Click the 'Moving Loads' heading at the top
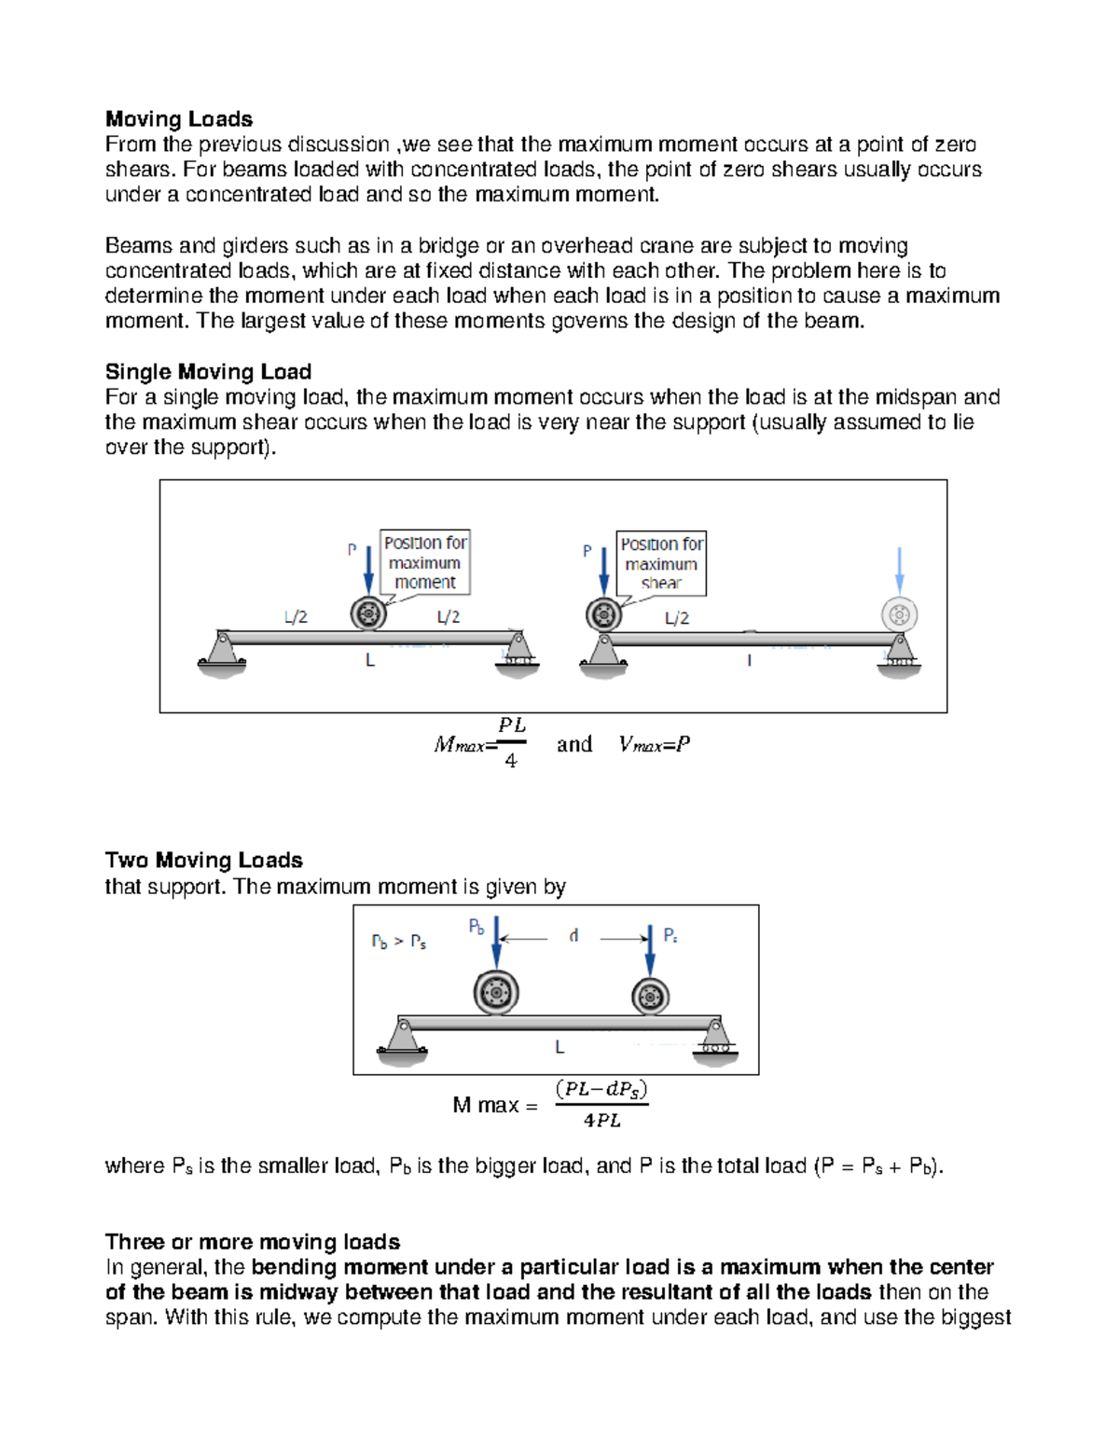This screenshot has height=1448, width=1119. click(x=179, y=119)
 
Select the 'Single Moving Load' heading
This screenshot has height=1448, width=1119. click(x=208, y=372)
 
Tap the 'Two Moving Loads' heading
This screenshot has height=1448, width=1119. click(x=203, y=860)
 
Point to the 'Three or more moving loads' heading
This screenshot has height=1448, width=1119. click(x=253, y=1242)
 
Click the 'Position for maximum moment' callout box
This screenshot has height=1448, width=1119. click(x=425, y=562)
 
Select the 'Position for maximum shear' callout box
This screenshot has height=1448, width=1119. click(x=661, y=563)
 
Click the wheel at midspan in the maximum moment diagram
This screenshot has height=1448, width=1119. click(x=368, y=614)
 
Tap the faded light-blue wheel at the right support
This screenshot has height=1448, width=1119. click(x=899, y=614)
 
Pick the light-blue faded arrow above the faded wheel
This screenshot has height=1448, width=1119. click(x=899, y=570)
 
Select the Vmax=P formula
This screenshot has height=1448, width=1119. click(x=655, y=744)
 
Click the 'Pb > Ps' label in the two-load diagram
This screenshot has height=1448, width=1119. click(x=399, y=942)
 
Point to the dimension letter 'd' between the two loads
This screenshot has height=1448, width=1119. click(x=573, y=935)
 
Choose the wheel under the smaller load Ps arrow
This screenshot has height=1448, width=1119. click(x=650, y=996)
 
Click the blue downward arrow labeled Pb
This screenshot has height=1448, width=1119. click(x=496, y=942)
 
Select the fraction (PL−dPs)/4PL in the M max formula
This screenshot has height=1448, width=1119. click(x=601, y=1105)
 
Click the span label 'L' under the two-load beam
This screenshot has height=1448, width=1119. click(x=559, y=1047)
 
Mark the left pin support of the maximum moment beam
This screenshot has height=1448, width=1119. click(x=222, y=650)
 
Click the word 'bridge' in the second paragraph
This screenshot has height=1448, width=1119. click(x=449, y=246)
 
